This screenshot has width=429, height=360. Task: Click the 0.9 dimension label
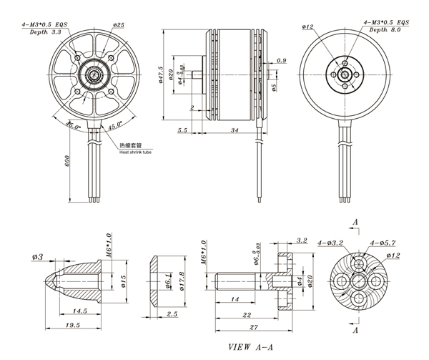281,61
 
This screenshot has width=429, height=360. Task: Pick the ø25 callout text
119,25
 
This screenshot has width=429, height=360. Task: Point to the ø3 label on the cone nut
38,256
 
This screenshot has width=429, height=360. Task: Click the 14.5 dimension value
79,311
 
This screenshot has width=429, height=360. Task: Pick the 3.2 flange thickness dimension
300,240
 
